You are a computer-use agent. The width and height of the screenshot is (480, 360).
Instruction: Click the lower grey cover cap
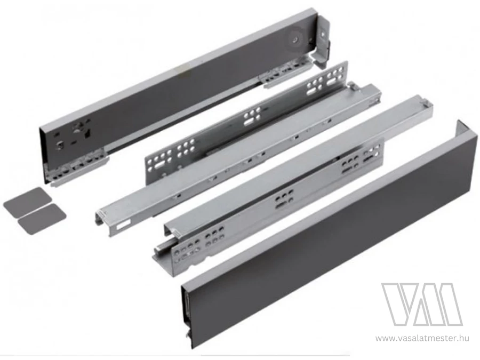tap(42, 218)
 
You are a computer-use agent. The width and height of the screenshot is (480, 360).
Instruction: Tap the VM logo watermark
tap(421, 305)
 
